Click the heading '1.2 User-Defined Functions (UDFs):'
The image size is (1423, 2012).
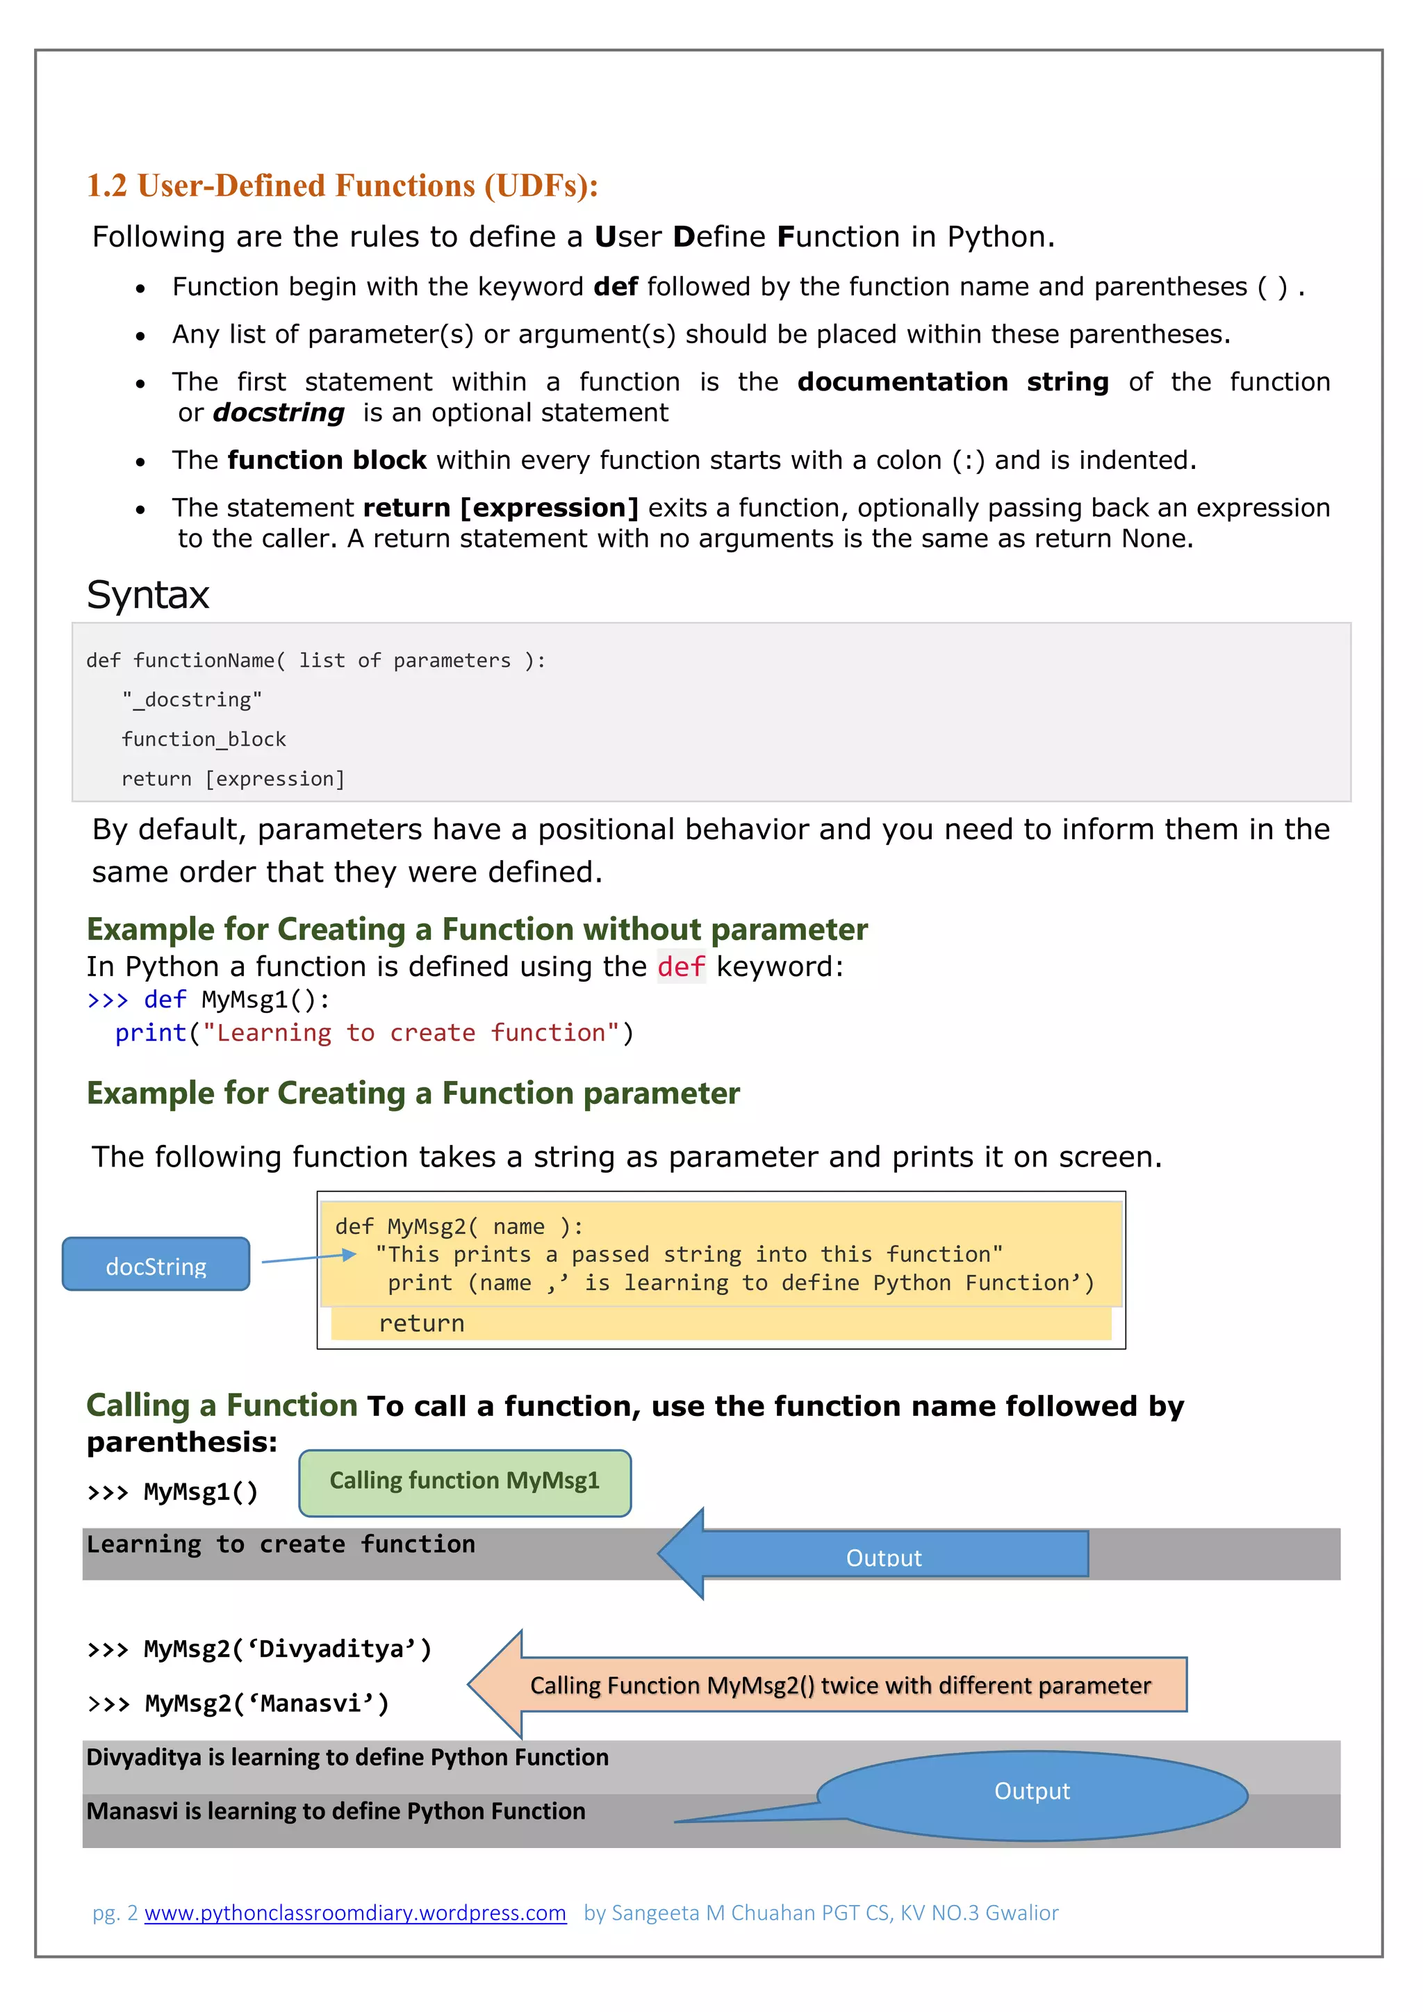pyautogui.click(x=342, y=185)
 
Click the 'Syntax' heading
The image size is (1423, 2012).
pyautogui.click(x=148, y=595)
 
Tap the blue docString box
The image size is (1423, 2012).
pyautogui.click(x=156, y=1264)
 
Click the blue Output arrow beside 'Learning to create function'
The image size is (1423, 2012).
pyautogui.click(x=882, y=1555)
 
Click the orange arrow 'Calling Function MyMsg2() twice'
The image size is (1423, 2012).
pyautogui.click(x=839, y=1685)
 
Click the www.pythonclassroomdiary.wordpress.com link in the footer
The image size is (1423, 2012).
pyautogui.click(x=355, y=1912)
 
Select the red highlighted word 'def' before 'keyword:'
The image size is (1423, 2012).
pyautogui.click(x=681, y=966)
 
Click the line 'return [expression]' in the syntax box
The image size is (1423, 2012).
pyautogui.click(x=233, y=779)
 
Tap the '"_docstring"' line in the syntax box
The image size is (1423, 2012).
pyautogui.click(x=192, y=700)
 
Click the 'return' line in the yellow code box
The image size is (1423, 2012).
pyautogui.click(x=422, y=1324)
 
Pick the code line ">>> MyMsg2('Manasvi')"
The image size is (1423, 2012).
pyautogui.click(x=238, y=1704)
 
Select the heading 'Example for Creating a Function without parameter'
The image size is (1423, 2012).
pyautogui.click(x=477, y=929)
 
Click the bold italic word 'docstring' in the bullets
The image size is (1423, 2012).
pyautogui.click(x=279, y=413)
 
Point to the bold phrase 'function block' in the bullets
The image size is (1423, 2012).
pyautogui.click(x=326, y=460)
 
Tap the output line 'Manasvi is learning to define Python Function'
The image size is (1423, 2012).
pyautogui.click(x=336, y=1811)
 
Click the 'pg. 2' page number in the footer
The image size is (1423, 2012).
pyautogui.click(x=115, y=1912)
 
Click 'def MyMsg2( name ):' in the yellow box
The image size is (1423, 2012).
pyautogui.click(x=459, y=1226)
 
